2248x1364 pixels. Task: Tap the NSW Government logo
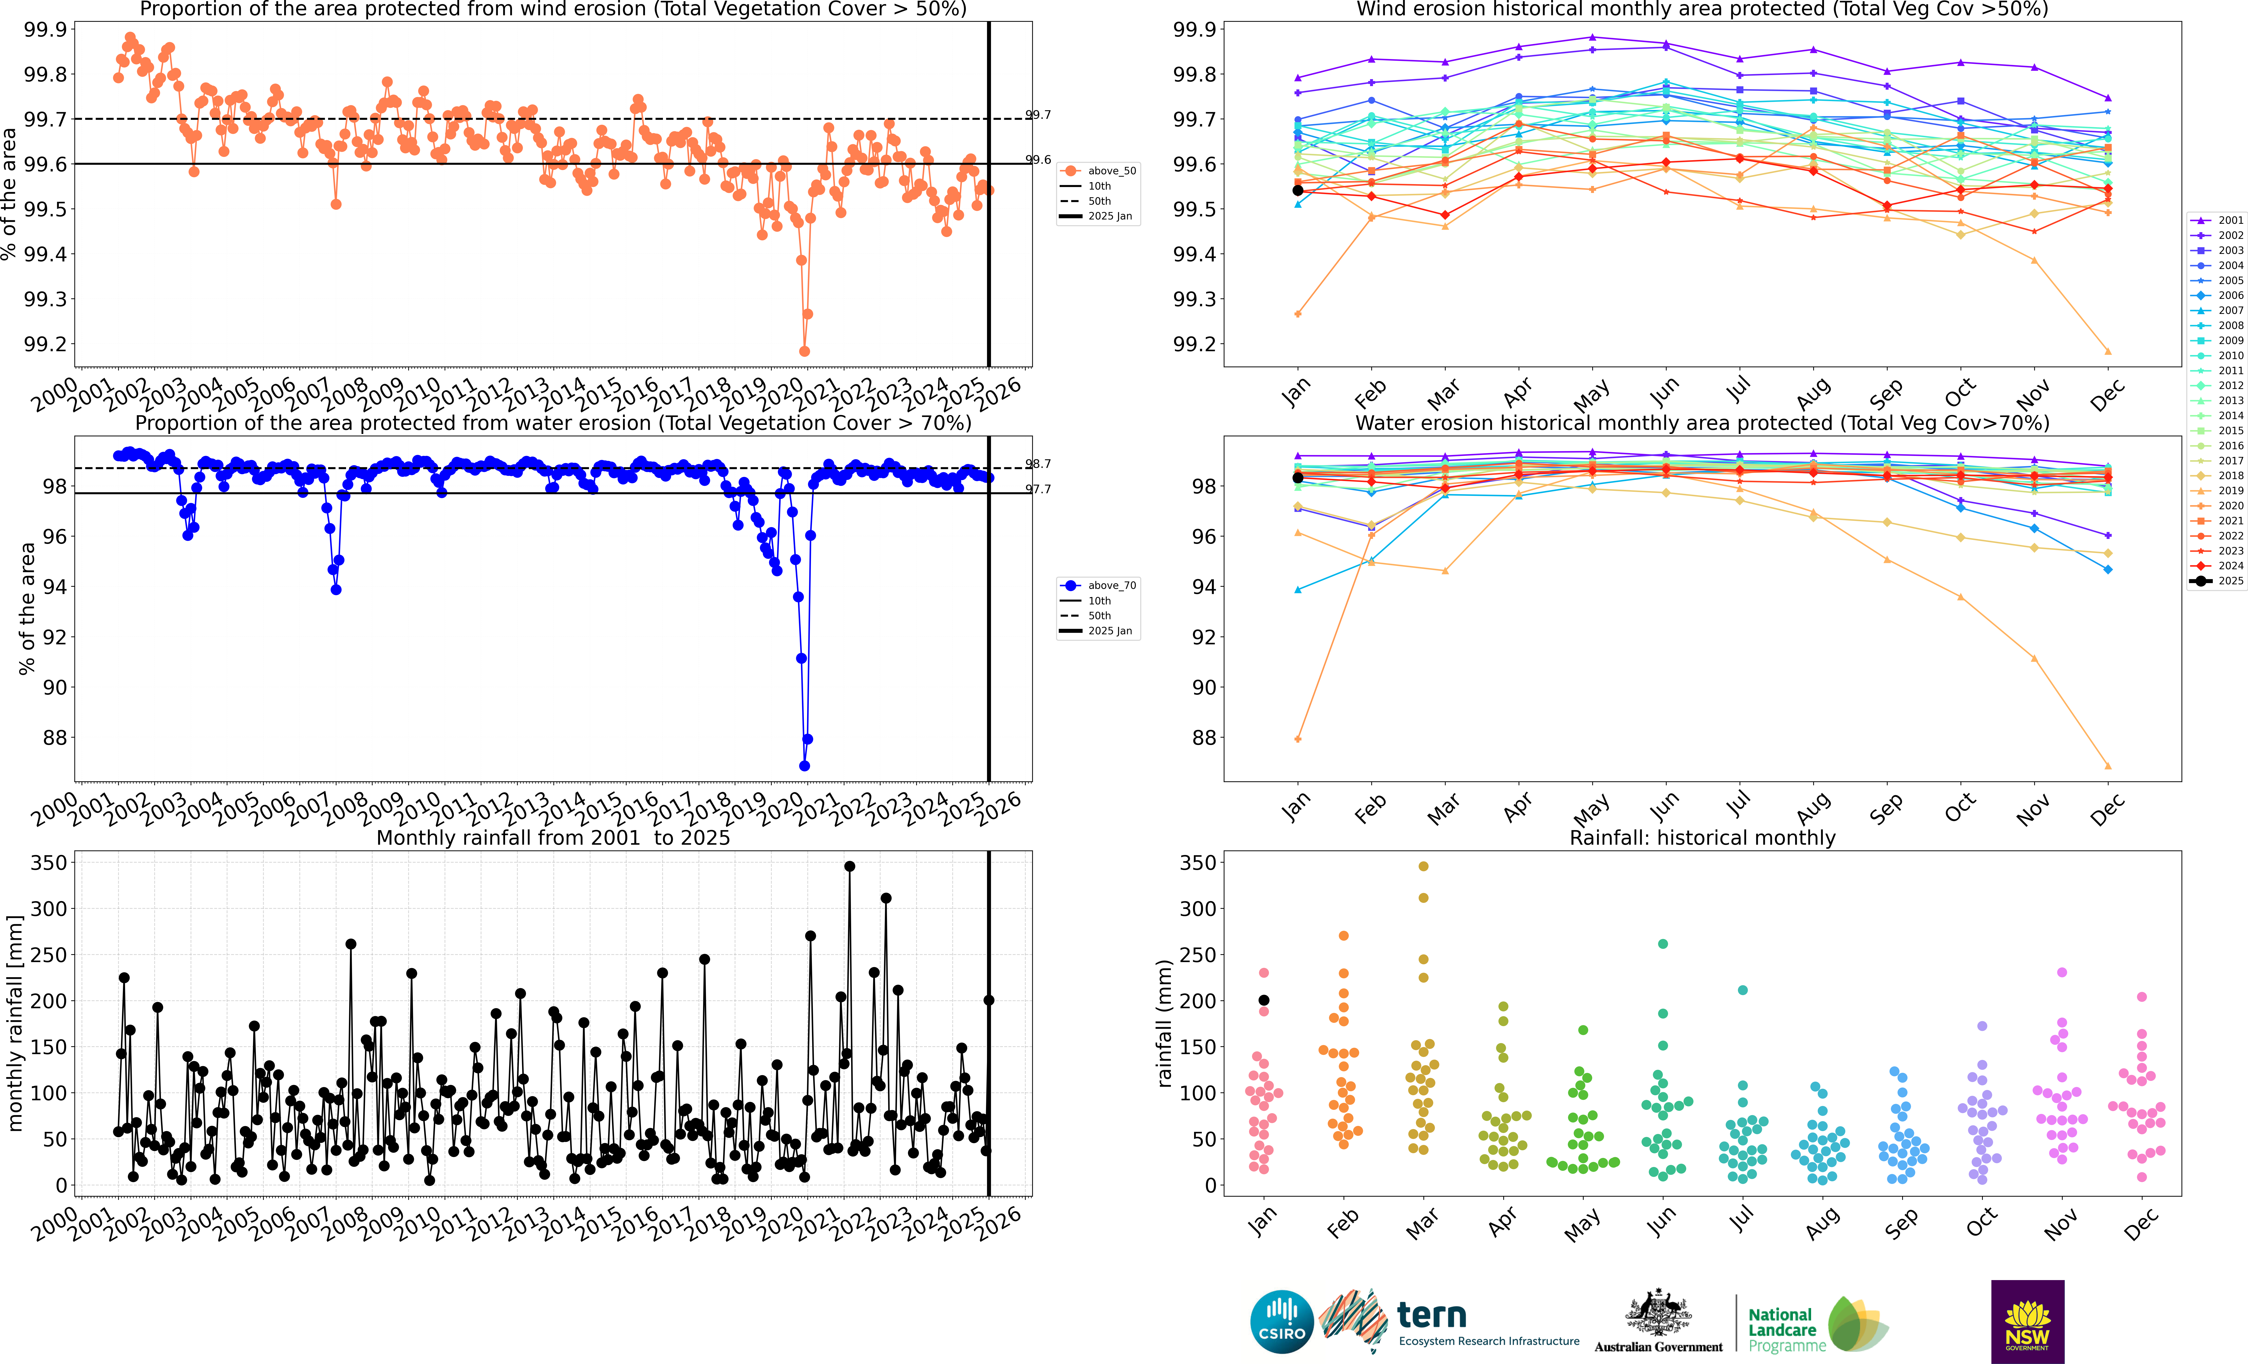click(2027, 1321)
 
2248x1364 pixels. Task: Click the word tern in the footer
click(1432, 1315)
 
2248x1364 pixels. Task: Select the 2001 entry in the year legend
click(2217, 220)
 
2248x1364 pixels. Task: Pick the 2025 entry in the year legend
click(2217, 580)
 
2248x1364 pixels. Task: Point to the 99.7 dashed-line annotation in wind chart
click(1038, 115)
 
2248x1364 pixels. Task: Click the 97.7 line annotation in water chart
click(1038, 489)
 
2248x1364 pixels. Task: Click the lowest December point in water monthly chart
click(2107, 766)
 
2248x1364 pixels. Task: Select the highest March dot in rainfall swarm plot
click(1423, 866)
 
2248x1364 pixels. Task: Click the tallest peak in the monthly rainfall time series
click(849, 866)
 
